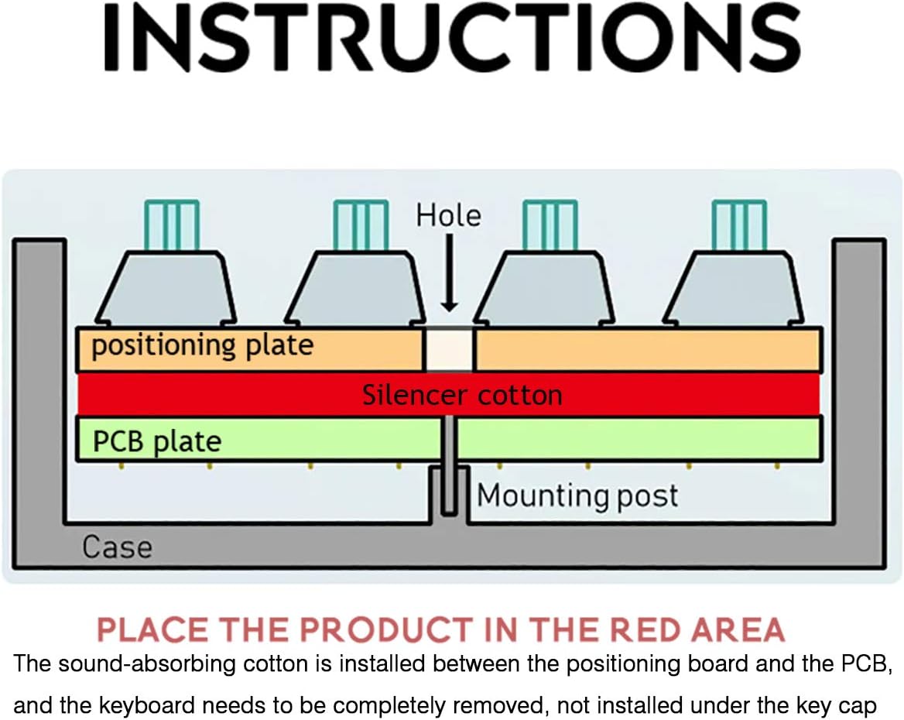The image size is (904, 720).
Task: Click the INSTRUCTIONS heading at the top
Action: coord(452,37)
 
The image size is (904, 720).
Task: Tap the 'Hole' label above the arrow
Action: coord(449,216)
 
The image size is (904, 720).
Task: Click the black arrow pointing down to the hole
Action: coord(449,273)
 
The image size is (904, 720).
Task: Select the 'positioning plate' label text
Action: coord(202,346)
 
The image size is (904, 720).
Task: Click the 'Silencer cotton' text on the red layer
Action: coord(462,395)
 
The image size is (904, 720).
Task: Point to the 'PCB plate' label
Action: coord(157,441)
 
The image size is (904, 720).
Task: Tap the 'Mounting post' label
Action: coord(577,495)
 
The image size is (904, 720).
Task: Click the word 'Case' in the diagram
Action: coord(117,547)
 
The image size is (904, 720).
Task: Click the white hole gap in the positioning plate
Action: coord(449,350)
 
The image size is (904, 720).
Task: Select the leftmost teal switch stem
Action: coord(172,225)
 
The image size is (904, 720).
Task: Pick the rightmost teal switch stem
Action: coord(739,225)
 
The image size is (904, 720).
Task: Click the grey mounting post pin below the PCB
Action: coord(449,465)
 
